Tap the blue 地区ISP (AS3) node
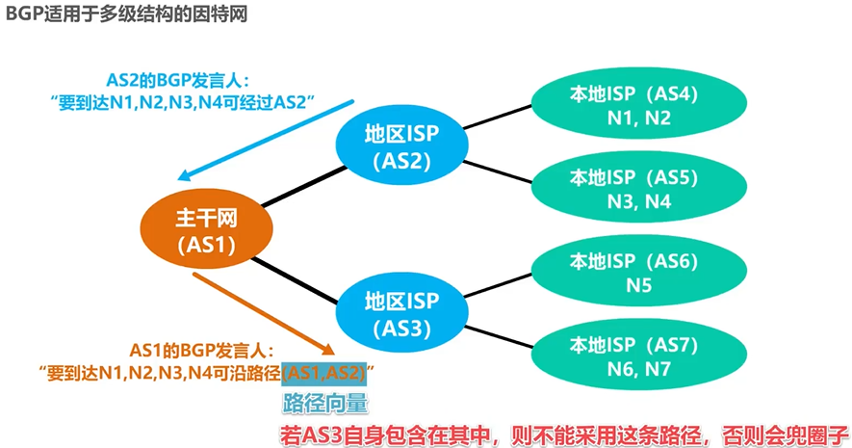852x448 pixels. [402, 314]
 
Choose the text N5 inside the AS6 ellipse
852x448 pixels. [638, 285]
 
